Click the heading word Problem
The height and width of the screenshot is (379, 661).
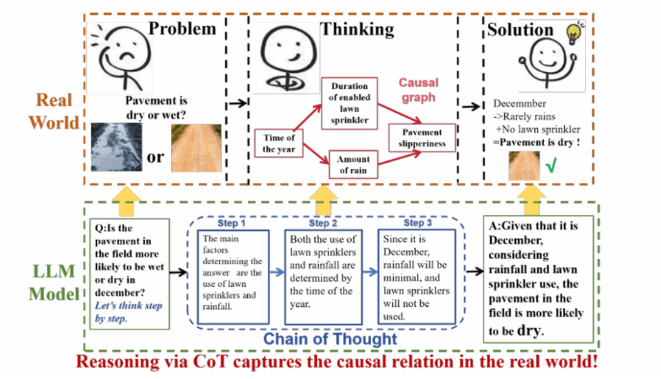pos(183,28)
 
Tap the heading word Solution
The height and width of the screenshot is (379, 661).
pos(520,30)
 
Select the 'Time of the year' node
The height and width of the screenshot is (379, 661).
pos(278,143)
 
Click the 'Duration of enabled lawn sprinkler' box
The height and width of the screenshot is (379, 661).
pos(349,102)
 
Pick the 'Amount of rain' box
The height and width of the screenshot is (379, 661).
pos(354,164)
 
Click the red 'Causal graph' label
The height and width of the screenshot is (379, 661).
pos(418,90)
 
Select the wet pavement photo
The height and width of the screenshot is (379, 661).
pos(117,147)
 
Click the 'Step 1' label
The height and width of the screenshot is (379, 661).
pos(232,223)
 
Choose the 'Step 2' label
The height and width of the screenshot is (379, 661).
pos(323,223)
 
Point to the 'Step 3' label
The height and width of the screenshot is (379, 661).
pos(416,223)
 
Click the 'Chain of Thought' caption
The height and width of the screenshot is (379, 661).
pos(329,338)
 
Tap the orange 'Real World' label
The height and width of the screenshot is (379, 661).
pos(54,111)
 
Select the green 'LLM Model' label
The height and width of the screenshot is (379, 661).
pos(54,284)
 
